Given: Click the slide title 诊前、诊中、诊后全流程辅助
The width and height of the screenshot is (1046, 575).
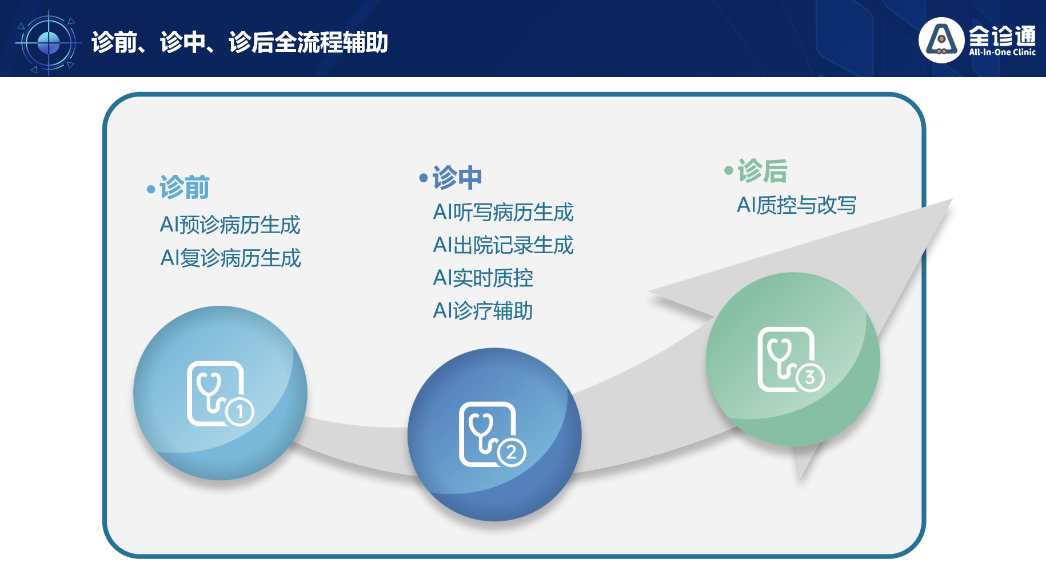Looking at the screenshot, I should point(239,42).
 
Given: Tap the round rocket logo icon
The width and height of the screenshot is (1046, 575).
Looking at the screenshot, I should point(941,40).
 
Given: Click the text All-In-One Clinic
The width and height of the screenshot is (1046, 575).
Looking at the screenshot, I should point(1002,52).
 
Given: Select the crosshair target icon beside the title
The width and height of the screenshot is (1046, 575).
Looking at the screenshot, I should point(49,42).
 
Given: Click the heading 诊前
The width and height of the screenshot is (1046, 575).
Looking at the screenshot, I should point(184,187).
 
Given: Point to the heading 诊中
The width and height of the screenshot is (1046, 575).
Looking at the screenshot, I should point(457,177).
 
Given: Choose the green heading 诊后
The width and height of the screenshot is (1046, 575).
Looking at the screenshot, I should point(762,170).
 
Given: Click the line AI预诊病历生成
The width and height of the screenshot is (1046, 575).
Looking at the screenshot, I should point(230,225).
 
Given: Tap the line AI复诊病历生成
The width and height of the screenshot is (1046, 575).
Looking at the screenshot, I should point(230,258).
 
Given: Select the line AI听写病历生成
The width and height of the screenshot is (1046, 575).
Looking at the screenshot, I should point(503,212).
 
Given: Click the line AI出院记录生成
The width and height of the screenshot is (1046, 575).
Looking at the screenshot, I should point(503,245).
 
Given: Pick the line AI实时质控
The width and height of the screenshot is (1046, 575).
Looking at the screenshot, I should point(483,278).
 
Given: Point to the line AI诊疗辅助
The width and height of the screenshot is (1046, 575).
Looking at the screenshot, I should point(483,311).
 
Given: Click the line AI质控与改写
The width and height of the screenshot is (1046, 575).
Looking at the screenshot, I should point(796,205).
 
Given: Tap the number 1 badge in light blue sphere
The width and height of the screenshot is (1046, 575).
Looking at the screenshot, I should point(239,411).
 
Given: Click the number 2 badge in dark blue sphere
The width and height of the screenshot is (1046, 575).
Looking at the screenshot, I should point(512,453).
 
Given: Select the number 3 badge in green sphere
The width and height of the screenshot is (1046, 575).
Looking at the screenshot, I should point(809,377).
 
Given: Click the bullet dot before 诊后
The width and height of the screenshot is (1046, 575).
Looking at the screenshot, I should point(729,170).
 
